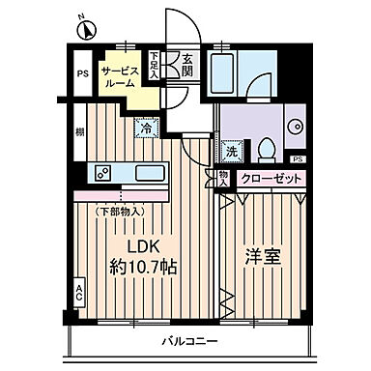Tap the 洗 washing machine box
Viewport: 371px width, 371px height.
point(232,151)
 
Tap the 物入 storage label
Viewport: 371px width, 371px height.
point(223,177)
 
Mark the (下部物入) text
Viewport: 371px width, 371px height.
point(119,209)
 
